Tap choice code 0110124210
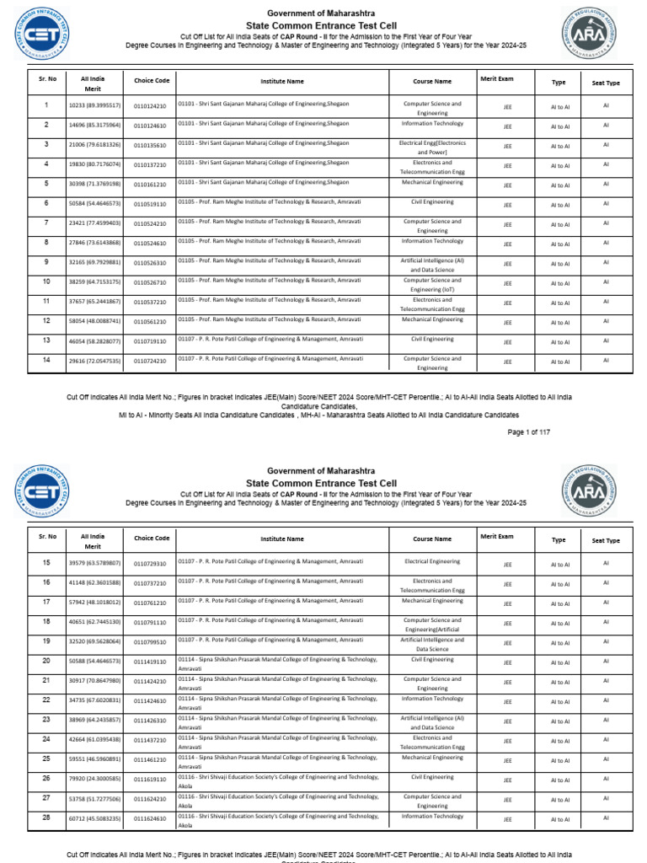click(x=151, y=107)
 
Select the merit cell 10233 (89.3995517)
click(x=94, y=107)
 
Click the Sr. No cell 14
click(x=46, y=360)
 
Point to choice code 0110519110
click(x=151, y=205)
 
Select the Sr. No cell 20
click(x=46, y=662)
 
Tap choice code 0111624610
click(x=151, y=818)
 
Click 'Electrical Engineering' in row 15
click(x=432, y=561)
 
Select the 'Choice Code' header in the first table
click(x=151, y=81)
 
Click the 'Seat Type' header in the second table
click(x=606, y=540)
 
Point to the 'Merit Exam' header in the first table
click(x=497, y=78)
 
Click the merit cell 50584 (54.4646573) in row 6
click(x=94, y=205)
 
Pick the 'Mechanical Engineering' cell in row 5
click(x=432, y=182)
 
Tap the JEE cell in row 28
click(x=506, y=818)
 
